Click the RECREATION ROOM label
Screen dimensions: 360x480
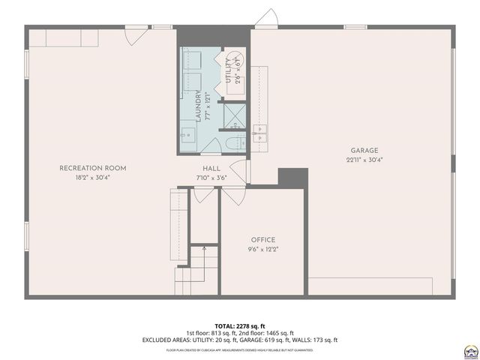pos(92,168)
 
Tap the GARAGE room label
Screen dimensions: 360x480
pos(361,150)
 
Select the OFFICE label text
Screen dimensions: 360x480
pos(262,240)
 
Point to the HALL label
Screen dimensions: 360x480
pos(211,168)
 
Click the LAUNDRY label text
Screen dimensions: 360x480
pos(199,106)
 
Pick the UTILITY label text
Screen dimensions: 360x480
pos(229,69)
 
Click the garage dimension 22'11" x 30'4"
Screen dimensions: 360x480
pos(363,159)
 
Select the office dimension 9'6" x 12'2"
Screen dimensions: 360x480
pos(262,249)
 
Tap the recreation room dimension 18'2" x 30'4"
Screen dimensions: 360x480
pos(92,178)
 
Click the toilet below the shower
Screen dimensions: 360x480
pos(231,143)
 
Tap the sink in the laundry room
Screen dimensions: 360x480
pos(188,136)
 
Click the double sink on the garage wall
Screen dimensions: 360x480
pos(260,133)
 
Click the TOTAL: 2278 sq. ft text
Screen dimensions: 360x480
pos(240,326)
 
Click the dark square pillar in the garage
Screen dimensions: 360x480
pos(292,178)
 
